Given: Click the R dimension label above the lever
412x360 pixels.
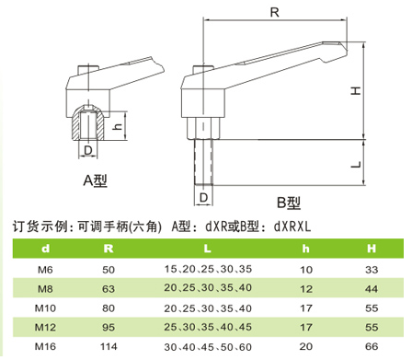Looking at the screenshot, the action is click(x=274, y=12).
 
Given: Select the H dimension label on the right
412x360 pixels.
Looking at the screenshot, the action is click(x=356, y=90).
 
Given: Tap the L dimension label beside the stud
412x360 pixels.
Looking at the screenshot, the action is click(x=356, y=164).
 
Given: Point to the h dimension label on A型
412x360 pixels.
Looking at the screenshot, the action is click(x=117, y=126).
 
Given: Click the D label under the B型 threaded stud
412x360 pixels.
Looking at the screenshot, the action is click(x=204, y=198).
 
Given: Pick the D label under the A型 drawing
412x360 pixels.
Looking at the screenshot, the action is click(x=88, y=150).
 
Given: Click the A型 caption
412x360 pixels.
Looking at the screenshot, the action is click(x=96, y=180).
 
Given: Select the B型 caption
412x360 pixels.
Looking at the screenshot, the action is click(x=289, y=203).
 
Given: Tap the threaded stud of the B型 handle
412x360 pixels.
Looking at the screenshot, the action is click(x=203, y=162).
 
